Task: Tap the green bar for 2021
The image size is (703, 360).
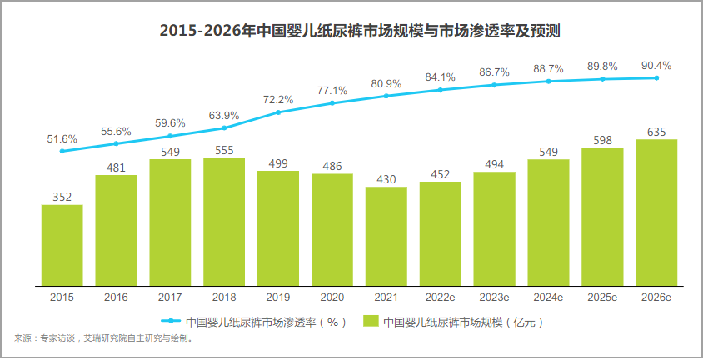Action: tap(386, 234)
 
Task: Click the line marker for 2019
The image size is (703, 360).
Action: tap(278, 112)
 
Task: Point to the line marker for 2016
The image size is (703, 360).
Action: tap(116, 143)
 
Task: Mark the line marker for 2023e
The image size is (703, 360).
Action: tap(494, 84)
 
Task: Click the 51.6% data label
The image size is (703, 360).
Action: tap(62, 138)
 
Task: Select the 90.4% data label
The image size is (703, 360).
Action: tap(656, 66)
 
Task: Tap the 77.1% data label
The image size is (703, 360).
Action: tap(332, 91)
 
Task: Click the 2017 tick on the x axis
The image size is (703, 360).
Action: tap(170, 297)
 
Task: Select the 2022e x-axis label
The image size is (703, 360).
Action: tap(440, 297)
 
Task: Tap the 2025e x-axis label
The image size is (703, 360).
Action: tap(602, 297)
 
